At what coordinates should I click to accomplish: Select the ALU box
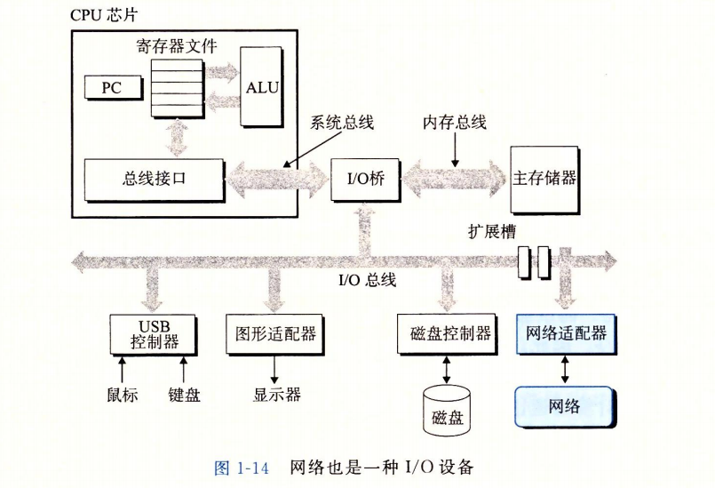click(261, 85)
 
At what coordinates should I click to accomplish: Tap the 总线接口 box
click(155, 178)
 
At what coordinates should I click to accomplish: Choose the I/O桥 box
click(363, 178)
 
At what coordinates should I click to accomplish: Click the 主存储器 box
click(544, 177)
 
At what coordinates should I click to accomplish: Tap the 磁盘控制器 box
click(450, 333)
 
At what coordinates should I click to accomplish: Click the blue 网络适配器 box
click(566, 333)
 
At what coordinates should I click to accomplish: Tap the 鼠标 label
click(120, 395)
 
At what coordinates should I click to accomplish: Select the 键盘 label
click(185, 395)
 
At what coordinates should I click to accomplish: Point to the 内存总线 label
click(454, 124)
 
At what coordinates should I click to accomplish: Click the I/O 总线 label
click(367, 281)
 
